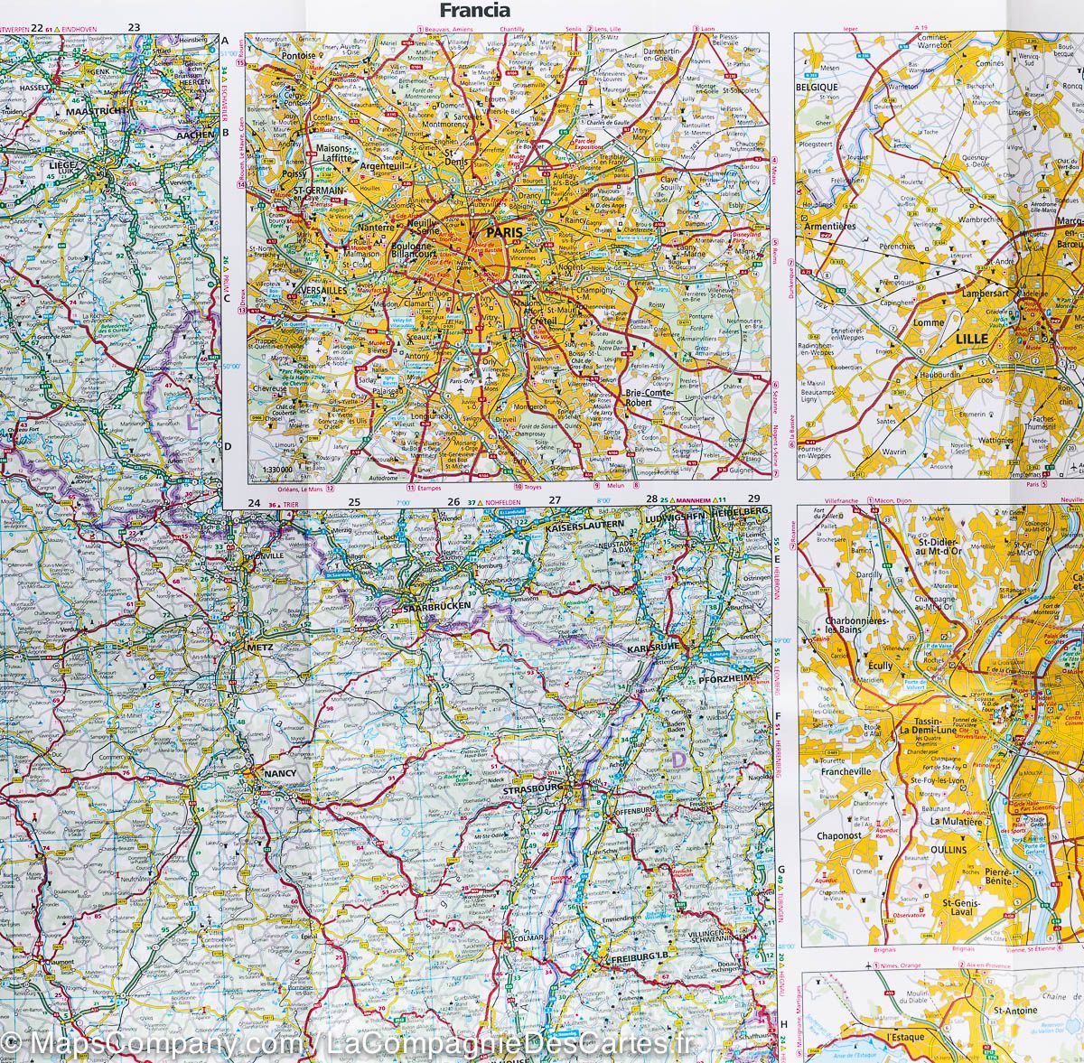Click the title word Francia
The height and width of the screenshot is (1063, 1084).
474,11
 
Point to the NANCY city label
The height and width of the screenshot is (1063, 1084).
276,774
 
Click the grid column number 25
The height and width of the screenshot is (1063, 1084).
355,503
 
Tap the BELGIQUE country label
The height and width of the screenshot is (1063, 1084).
818,87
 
